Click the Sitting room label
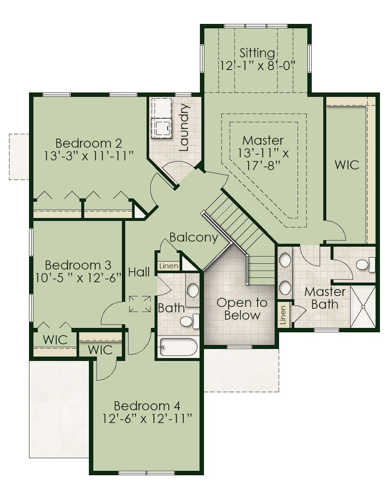pyautogui.click(x=257, y=53)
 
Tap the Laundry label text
pyautogui.click(x=184, y=127)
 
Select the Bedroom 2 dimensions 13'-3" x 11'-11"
pyautogui.click(x=89, y=156)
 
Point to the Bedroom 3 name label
pyautogui.click(x=78, y=265)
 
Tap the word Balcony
pyautogui.click(x=194, y=238)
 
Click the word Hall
pyautogui.click(x=139, y=272)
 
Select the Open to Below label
pyautogui.click(x=242, y=309)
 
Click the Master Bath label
pyautogui.click(x=325, y=298)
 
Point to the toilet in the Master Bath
pyautogui.click(x=365, y=265)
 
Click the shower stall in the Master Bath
pyautogui.click(x=363, y=307)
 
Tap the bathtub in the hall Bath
pyautogui.click(x=179, y=347)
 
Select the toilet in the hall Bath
pyautogui.click(x=190, y=321)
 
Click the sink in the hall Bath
pyautogui.click(x=193, y=290)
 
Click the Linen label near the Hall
pyautogui.click(x=169, y=266)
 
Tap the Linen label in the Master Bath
pyautogui.click(x=283, y=315)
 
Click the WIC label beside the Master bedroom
pyautogui.click(x=347, y=165)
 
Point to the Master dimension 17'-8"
pyautogui.click(x=263, y=166)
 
